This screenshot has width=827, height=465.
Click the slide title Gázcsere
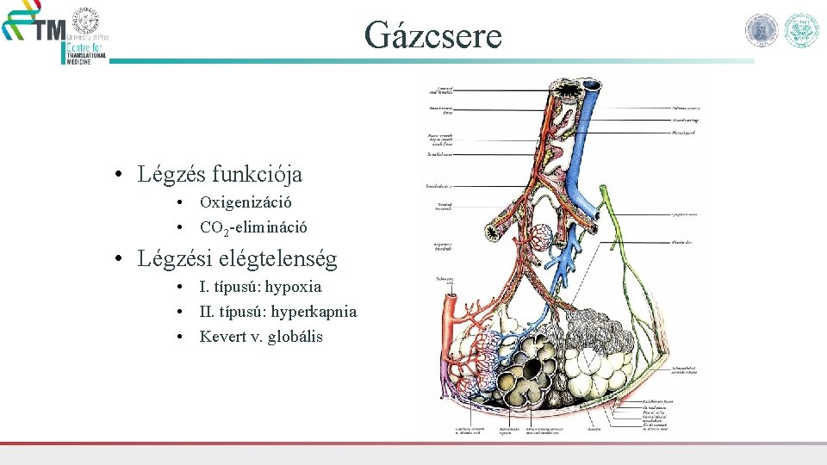(432, 35)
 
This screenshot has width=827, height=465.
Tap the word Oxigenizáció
(246, 203)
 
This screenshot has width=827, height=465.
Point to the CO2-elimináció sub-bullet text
(253, 228)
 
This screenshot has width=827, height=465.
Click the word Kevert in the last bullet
(222, 337)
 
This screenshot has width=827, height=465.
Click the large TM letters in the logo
(49, 31)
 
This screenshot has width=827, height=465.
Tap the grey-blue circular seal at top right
(762, 30)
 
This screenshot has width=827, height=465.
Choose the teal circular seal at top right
(801, 30)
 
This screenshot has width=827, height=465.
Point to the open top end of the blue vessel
(594, 85)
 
